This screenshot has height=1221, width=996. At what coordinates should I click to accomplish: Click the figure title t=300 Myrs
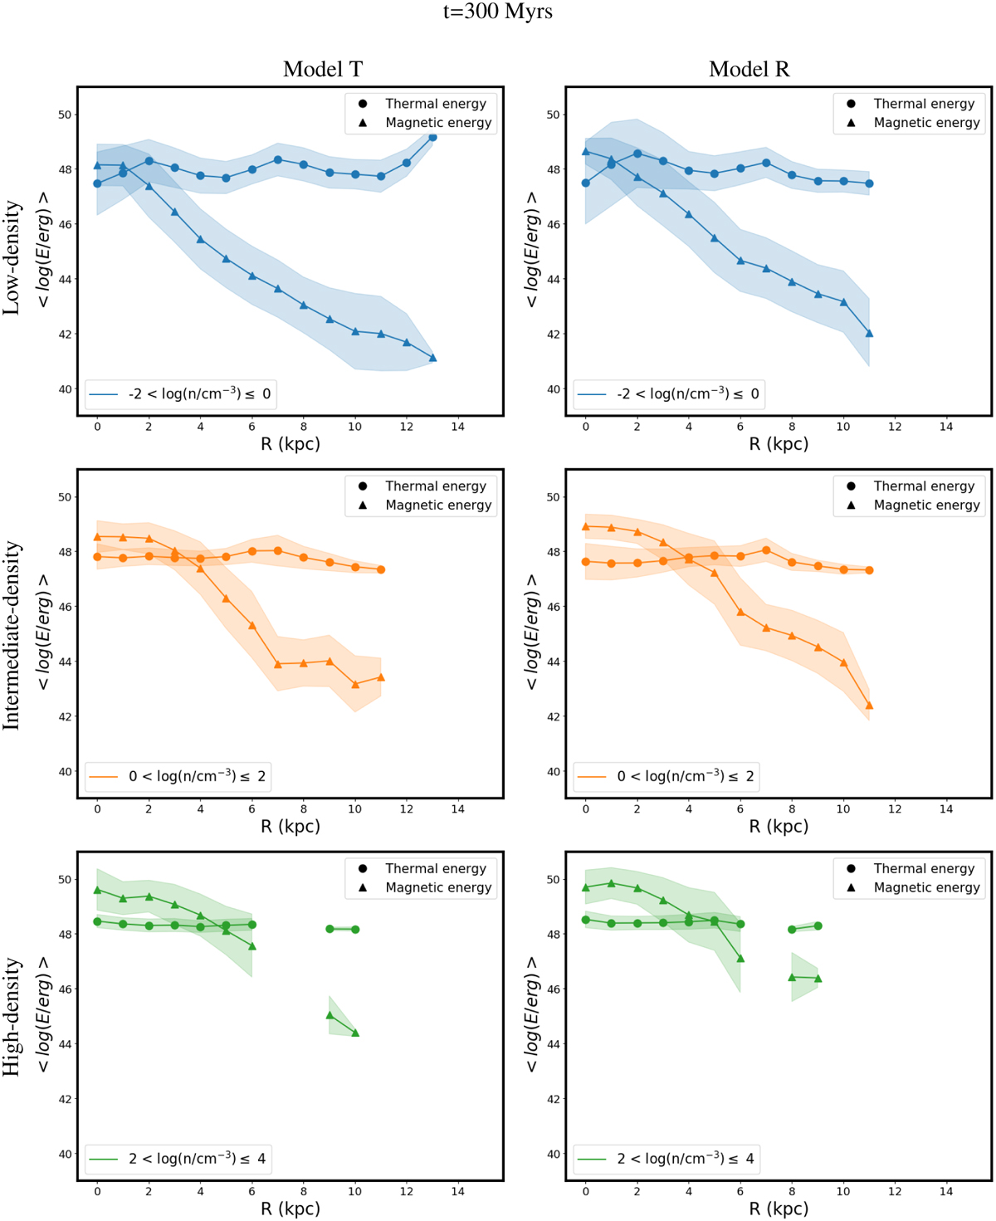pyautogui.click(x=498, y=12)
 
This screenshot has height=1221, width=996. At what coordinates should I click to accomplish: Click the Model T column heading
pyautogui.click(x=323, y=69)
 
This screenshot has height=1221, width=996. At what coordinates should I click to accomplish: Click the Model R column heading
pyautogui.click(x=749, y=69)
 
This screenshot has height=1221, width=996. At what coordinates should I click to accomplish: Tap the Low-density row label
pyautogui.click(x=12, y=257)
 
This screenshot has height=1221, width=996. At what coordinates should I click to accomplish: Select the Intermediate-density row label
pyautogui.click(x=12, y=636)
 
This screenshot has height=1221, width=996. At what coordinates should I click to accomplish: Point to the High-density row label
pyautogui.click(x=12, y=1018)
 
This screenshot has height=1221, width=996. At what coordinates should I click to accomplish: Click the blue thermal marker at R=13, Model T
pyautogui.click(x=432, y=137)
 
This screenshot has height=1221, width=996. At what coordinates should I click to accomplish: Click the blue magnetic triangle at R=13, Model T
pyautogui.click(x=432, y=359)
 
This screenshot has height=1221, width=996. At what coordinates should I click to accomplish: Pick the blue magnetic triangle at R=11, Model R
pyautogui.click(x=869, y=334)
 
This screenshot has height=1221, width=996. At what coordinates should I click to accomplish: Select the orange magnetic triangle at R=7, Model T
pyautogui.click(x=278, y=664)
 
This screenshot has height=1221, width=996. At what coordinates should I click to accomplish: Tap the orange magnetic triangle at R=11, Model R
pyautogui.click(x=869, y=706)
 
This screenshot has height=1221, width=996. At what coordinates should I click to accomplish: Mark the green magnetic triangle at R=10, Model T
pyautogui.click(x=355, y=1033)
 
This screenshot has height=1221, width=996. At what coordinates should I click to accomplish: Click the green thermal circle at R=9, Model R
pyautogui.click(x=818, y=926)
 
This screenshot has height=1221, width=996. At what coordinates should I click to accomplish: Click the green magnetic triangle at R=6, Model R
pyautogui.click(x=740, y=959)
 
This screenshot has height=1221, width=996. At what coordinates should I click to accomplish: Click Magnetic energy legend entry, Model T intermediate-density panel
pyautogui.click(x=437, y=505)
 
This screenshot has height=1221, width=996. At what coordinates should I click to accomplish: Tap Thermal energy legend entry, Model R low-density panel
pyautogui.click(x=923, y=104)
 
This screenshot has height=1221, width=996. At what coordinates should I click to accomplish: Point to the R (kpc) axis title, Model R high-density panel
pyautogui.click(x=779, y=1209)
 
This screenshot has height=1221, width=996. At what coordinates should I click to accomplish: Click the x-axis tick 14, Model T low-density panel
pyautogui.click(x=458, y=427)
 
